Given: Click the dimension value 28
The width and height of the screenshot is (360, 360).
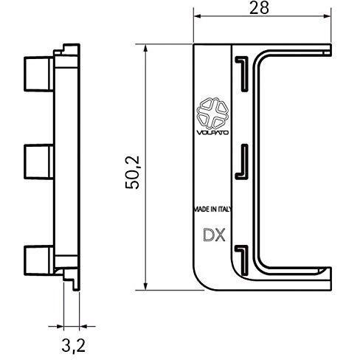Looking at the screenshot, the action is tap(259, 8).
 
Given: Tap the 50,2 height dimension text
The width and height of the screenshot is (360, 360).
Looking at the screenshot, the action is tap(133, 173).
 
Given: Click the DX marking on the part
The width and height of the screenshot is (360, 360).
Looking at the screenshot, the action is tap(214, 235).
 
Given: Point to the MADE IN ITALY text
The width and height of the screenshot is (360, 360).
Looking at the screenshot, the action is tap(213, 210).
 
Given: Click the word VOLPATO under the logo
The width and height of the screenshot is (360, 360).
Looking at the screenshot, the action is tap(212, 133).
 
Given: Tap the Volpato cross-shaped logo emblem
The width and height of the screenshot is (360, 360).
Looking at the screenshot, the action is tap(213, 113).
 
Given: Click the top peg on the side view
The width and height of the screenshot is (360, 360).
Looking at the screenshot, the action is tap(38, 74).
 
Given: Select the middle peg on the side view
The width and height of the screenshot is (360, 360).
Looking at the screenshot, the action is tap(38, 162).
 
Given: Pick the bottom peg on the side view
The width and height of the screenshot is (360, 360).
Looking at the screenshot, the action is tap(38, 260).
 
